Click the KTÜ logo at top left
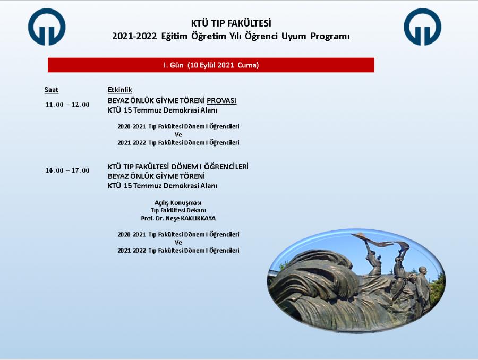47,27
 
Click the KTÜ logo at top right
423,27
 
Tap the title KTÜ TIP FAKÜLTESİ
231,23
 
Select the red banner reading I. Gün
211,65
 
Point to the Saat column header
51,90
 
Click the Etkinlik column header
120,90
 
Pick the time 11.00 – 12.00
67,105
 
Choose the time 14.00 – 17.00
67,170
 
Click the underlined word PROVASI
221,100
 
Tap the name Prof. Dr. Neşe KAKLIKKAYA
178,219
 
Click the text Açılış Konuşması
178,203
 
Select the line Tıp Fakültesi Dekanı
178,211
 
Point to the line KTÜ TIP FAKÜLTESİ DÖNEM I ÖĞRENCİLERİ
178,167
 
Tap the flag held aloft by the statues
381,241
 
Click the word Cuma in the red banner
248,65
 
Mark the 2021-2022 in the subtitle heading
134,36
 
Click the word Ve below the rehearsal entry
178,135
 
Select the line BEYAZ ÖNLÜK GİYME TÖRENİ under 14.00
156,176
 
